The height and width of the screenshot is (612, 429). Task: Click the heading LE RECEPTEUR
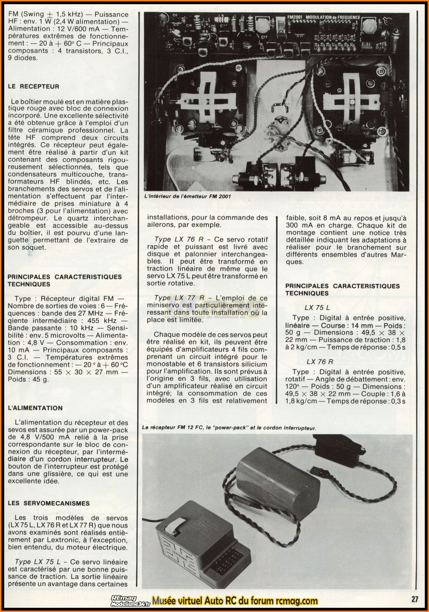point(34,86)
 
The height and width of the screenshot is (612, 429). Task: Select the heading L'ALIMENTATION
point(35,408)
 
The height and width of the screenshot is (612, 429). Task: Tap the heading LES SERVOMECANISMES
point(49,503)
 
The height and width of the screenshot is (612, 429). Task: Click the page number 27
point(415,599)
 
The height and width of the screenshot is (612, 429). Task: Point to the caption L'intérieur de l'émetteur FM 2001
point(188,196)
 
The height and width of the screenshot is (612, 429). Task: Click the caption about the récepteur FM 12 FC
point(229,428)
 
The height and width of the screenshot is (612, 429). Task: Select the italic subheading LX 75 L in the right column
point(317,308)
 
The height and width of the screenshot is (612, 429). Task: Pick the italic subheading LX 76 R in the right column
point(320,362)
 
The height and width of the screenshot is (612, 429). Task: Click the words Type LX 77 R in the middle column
point(179,298)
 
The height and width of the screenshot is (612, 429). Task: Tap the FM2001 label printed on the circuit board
point(295,17)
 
